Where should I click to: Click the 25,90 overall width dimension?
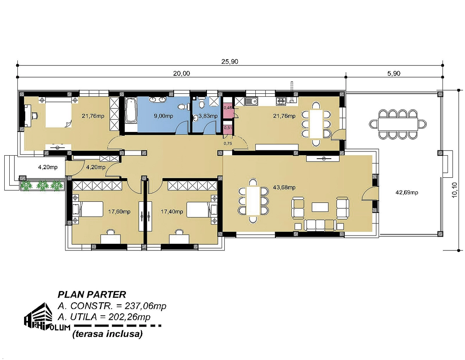[x=230, y=62]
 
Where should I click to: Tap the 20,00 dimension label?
[x=181, y=74]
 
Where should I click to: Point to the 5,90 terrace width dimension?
[x=394, y=74]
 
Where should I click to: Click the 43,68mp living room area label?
[x=284, y=187]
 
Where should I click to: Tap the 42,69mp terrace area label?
[x=407, y=192]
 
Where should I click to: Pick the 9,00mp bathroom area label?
[x=164, y=116]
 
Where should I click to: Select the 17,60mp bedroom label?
[x=119, y=212]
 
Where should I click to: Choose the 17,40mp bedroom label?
[x=172, y=212]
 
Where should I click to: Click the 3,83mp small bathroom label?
[x=208, y=116]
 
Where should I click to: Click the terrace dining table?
[x=398, y=124]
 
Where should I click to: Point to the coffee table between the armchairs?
[x=320, y=207]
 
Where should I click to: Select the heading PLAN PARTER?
[x=92, y=295]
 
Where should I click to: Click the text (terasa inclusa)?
[x=107, y=334]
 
